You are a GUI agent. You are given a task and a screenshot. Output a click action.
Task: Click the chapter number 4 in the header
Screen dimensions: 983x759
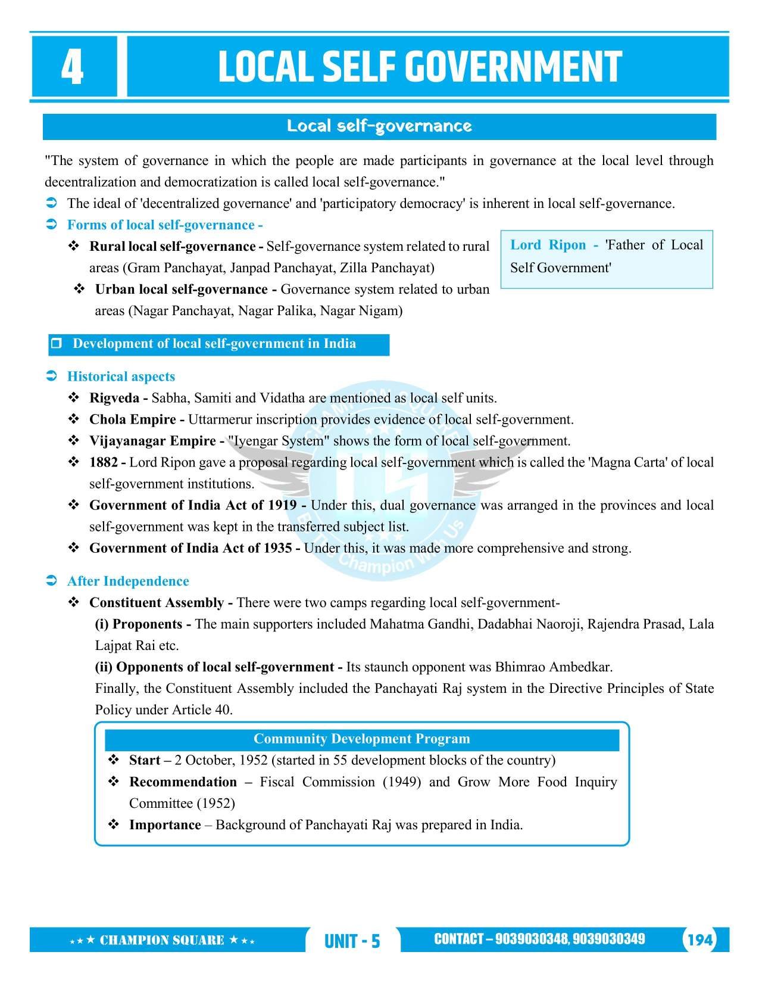click(x=72, y=68)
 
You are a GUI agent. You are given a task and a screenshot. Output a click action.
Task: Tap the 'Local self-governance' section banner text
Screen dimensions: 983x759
click(x=379, y=126)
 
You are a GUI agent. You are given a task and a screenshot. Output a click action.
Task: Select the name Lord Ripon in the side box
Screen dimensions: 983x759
click(x=548, y=245)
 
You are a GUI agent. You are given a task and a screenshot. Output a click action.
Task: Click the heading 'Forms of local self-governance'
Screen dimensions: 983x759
click(x=165, y=225)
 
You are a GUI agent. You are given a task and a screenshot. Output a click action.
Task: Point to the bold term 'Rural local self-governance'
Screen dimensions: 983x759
click(x=172, y=247)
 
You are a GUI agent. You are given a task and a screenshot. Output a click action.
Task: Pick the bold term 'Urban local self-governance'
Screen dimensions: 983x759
click(x=182, y=290)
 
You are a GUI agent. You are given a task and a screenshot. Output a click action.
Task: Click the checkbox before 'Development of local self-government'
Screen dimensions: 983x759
click(x=57, y=344)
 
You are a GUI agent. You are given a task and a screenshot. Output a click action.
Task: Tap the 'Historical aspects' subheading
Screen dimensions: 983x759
click(x=121, y=377)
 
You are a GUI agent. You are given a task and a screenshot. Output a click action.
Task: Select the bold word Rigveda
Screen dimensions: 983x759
click(x=114, y=398)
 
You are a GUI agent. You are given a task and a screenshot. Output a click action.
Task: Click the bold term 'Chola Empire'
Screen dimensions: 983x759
click(x=132, y=419)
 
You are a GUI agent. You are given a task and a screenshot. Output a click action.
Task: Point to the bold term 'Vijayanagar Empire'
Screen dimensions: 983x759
click(x=152, y=441)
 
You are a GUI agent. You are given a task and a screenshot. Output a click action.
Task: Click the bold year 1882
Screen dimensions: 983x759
click(x=104, y=462)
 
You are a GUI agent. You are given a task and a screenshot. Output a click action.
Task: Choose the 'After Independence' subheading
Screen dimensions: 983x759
click(x=128, y=581)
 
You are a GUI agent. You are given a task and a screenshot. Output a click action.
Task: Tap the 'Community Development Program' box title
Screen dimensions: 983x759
click(x=361, y=739)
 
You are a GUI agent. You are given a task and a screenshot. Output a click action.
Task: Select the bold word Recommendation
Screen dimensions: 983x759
click(x=183, y=782)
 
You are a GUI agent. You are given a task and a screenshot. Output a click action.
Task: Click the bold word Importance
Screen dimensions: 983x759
click(x=165, y=825)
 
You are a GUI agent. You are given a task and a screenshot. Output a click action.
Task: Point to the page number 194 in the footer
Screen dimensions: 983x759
click(x=699, y=940)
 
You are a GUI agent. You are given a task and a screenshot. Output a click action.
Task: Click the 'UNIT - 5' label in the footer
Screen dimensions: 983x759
click(x=352, y=941)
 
